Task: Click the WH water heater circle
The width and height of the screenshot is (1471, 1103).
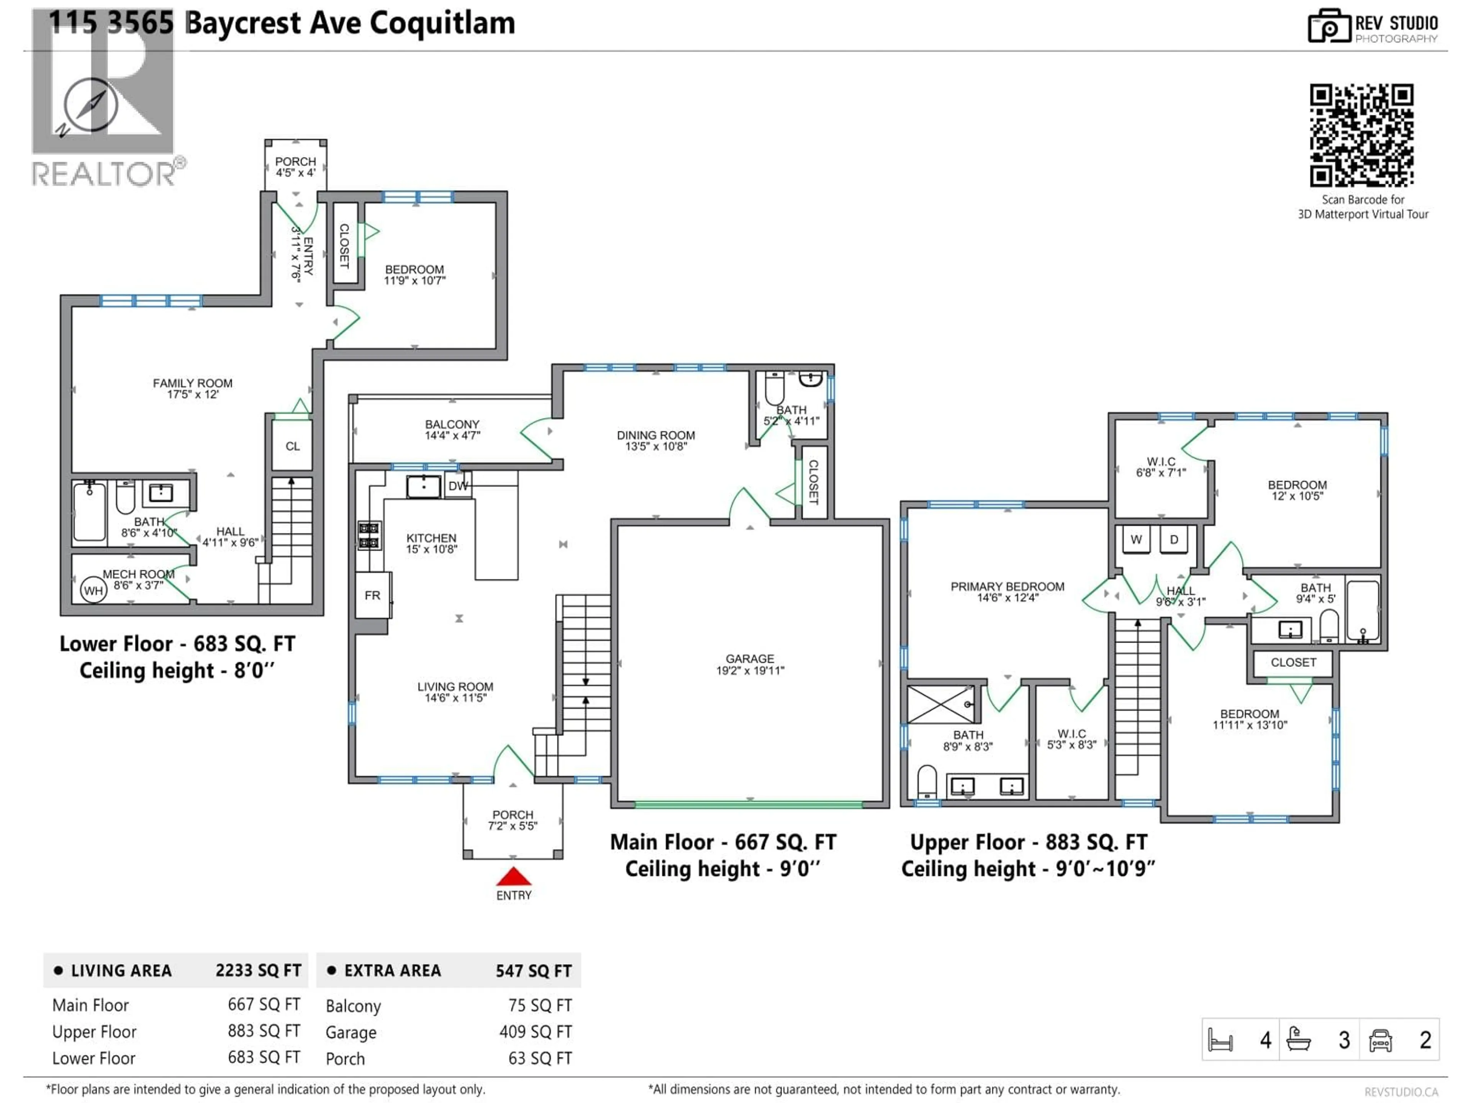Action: tap(93, 591)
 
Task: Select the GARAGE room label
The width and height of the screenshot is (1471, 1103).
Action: tap(749, 664)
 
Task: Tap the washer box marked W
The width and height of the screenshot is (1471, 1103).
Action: tap(1136, 539)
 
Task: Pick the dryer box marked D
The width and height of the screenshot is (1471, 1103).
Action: tap(1174, 539)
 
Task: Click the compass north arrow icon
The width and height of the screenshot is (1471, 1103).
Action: tap(91, 105)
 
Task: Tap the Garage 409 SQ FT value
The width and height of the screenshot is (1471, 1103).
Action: tap(535, 1031)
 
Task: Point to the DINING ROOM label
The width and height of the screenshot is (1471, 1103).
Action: tap(656, 440)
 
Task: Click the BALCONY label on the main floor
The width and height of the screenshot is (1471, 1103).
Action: tap(452, 429)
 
